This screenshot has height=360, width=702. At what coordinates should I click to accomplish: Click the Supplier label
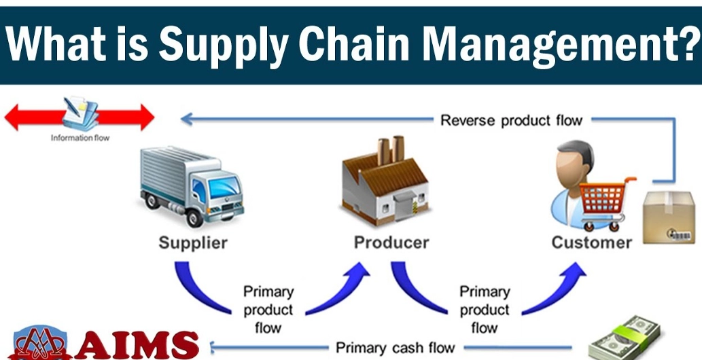(193, 242)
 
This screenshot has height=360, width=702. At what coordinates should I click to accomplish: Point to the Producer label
(391, 242)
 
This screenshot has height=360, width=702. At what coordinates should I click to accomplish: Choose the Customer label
(591, 242)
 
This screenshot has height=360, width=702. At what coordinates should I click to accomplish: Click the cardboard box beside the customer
(669, 217)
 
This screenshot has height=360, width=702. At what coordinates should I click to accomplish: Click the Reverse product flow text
(511, 121)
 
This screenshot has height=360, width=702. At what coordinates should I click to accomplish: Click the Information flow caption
(80, 138)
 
